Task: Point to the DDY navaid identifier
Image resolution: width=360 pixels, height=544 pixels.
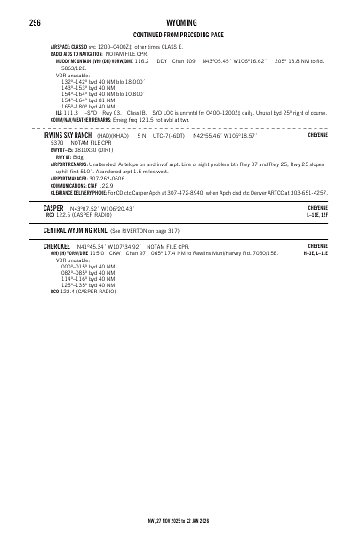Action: point(162,60)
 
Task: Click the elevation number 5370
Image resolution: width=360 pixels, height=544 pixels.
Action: point(57,142)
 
